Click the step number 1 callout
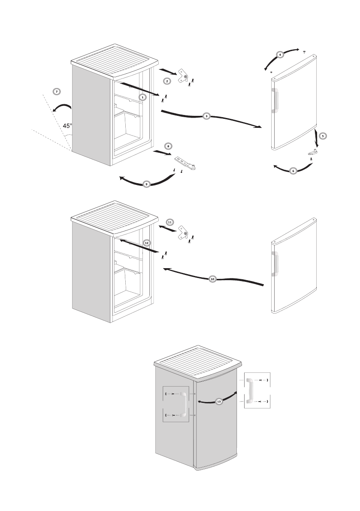pos(143,97)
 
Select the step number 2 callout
pos(167,81)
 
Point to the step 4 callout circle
pos(280,55)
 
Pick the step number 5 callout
pos(323,136)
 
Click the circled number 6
pos(293,171)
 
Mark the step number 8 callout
pos(168,146)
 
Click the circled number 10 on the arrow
pos(213,279)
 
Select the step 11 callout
pos(170,222)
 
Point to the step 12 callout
pos(147,242)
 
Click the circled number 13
pos(219,402)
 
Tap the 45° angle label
pos(67,126)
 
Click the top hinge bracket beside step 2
pos(183,76)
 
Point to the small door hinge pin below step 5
pos(313,152)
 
